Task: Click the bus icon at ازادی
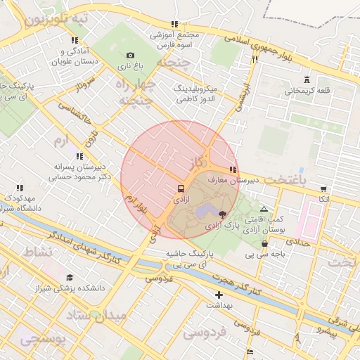point(181,189)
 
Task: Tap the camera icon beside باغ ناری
point(130,55)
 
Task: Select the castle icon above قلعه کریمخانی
point(307,79)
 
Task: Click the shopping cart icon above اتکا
point(323,189)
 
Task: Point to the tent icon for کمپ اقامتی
point(264,209)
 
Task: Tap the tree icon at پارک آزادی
point(223,214)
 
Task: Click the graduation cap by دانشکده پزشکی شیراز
point(69,278)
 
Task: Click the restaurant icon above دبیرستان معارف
point(233,169)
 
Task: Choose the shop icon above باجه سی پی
point(264,244)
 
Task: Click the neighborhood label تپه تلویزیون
point(56,19)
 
